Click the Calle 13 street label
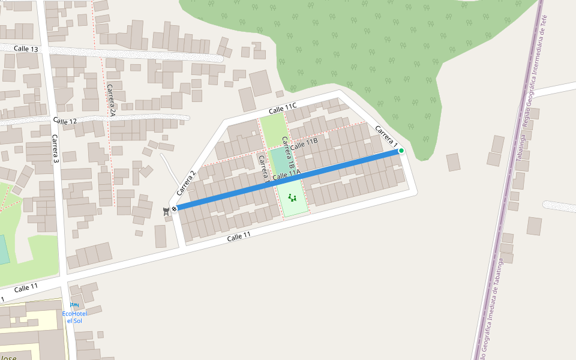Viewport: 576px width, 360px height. coord(26,49)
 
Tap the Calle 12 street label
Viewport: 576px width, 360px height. coord(65,121)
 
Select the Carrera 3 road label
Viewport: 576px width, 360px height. coord(55,149)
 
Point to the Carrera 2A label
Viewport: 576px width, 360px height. coord(111,100)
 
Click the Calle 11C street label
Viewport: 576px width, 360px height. coord(283,109)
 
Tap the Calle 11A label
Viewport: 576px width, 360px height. coord(286,176)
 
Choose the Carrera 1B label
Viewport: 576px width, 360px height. coord(288,155)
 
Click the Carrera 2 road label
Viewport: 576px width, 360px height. coord(187,184)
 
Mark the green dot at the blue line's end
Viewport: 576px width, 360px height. coord(401,151)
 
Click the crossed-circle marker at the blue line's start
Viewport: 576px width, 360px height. coord(174,209)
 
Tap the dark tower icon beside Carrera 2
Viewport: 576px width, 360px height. coord(166,211)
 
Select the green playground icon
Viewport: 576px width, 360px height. coord(292,197)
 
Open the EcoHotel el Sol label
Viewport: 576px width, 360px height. coord(74,317)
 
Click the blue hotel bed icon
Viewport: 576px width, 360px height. coord(74,305)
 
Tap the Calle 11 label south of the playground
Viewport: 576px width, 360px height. coord(239,237)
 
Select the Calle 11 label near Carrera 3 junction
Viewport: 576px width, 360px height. coord(26,288)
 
